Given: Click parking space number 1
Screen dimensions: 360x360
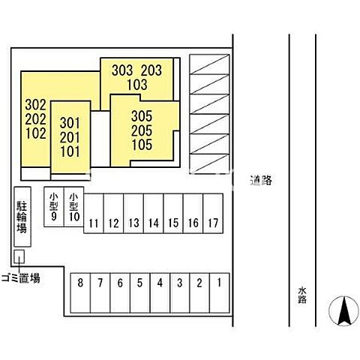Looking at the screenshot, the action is [219, 292].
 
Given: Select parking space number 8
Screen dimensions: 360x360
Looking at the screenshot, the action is [80, 292].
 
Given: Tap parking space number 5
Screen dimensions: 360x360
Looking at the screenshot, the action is [140, 292].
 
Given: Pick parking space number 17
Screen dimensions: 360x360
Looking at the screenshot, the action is [213, 213].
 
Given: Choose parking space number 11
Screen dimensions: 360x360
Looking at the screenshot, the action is [94, 213].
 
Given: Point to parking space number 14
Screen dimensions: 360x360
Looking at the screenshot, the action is [154, 213].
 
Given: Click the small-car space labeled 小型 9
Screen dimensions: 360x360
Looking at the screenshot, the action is [54, 207].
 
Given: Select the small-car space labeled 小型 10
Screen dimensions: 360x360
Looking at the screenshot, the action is [74, 207].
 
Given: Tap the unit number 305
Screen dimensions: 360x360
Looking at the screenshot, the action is [142, 116].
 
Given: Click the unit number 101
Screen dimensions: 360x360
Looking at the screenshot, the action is [70, 151].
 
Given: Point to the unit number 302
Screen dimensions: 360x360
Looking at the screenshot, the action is [36, 105].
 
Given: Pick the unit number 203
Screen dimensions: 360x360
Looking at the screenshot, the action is [151, 70].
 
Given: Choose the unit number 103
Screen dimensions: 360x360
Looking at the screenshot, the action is [137, 85].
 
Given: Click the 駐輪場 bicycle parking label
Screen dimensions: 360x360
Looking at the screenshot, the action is [22, 217].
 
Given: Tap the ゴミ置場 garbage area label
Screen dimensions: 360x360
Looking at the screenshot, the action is [21, 278].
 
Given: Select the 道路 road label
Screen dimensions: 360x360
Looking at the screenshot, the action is [261, 180].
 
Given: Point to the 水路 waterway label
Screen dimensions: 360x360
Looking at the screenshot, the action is [302, 295].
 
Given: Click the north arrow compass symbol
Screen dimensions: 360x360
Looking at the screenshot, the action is [343, 310].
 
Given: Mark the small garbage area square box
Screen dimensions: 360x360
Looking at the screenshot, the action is [19, 256].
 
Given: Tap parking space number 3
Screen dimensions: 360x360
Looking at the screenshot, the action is [180, 292].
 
